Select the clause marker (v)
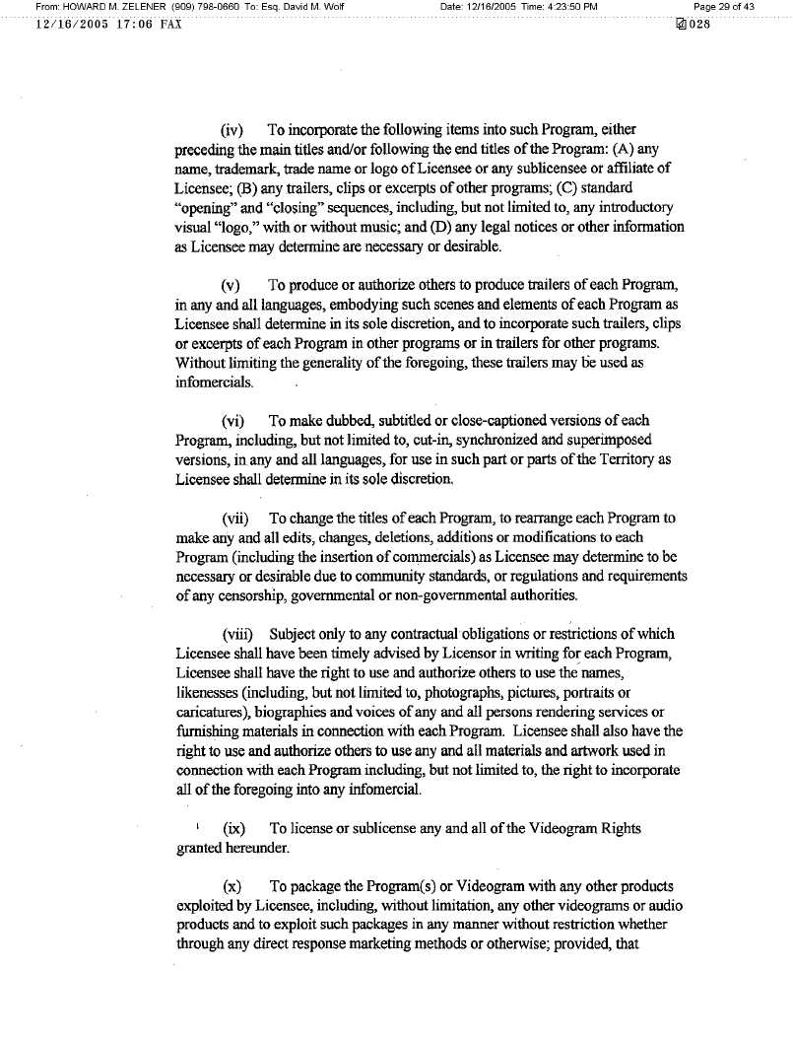pos(232,285)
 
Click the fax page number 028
pos(697,24)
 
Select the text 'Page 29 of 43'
pos(725,7)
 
